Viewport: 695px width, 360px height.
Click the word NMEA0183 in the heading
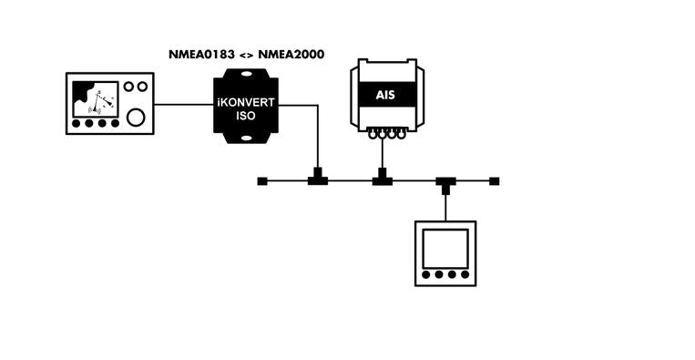(199, 54)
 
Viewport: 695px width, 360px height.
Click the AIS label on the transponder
(387, 95)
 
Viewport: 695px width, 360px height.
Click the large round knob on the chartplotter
(136, 117)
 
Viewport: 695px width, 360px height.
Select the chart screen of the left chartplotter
(95, 99)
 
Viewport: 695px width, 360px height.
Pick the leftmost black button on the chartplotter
(78, 123)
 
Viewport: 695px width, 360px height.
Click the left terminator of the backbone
(261, 181)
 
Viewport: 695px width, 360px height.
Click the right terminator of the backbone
(495, 181)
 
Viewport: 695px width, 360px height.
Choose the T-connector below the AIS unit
(383, 180)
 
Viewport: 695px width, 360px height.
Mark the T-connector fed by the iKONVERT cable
(318, 180)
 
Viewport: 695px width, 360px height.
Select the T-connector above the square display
(445, 182)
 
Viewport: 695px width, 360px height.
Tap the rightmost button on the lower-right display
(465, 274)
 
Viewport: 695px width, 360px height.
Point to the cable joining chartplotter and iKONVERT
(183, 104)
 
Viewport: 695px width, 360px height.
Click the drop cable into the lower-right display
(445, 205)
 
